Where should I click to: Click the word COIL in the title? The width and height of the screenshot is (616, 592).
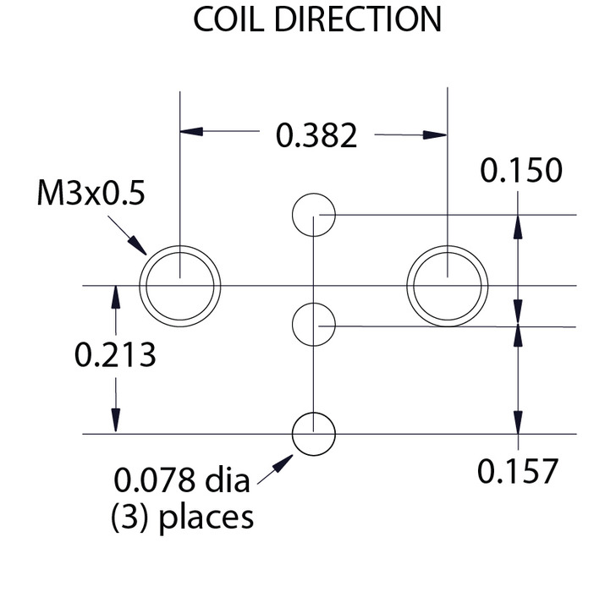pyautogui.click(x=228, y=19)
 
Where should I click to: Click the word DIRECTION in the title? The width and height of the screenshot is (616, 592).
pyautogui.click(x=358, y=19)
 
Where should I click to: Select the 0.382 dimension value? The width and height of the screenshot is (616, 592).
pyautogui.click(x=316, y=135)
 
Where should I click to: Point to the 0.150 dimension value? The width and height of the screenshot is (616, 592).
pyautogui.click(x=521, y=170)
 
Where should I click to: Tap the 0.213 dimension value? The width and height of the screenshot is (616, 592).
pyautogui.click(x=115, y=354)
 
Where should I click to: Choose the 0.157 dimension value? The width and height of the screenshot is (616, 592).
pyautogui.click(x=518, y=471)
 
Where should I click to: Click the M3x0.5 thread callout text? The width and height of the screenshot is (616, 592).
pyautogui.click(x=91, y=193)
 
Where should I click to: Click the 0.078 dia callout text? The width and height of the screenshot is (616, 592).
pyautogui.click(x=181, y=480)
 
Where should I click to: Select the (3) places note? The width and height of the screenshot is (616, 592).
pyautogui.click(x=182, y=517)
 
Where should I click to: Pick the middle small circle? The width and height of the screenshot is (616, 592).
pyautogui.click(x=293, y=324)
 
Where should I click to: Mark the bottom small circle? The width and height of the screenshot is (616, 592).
pyautogui.click(x=293, y=434)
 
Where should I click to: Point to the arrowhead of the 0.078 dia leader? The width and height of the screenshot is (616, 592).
pyautogui.click(x=283, y=463)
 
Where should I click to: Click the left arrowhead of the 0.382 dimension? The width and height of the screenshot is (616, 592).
pyautogui.click(x=191, y=131)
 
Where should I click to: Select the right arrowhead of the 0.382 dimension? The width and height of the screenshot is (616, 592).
pyautogui.click(x=435, y=135)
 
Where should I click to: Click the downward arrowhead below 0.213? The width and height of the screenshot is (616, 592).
pyautogui.click(x=115, y=420)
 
